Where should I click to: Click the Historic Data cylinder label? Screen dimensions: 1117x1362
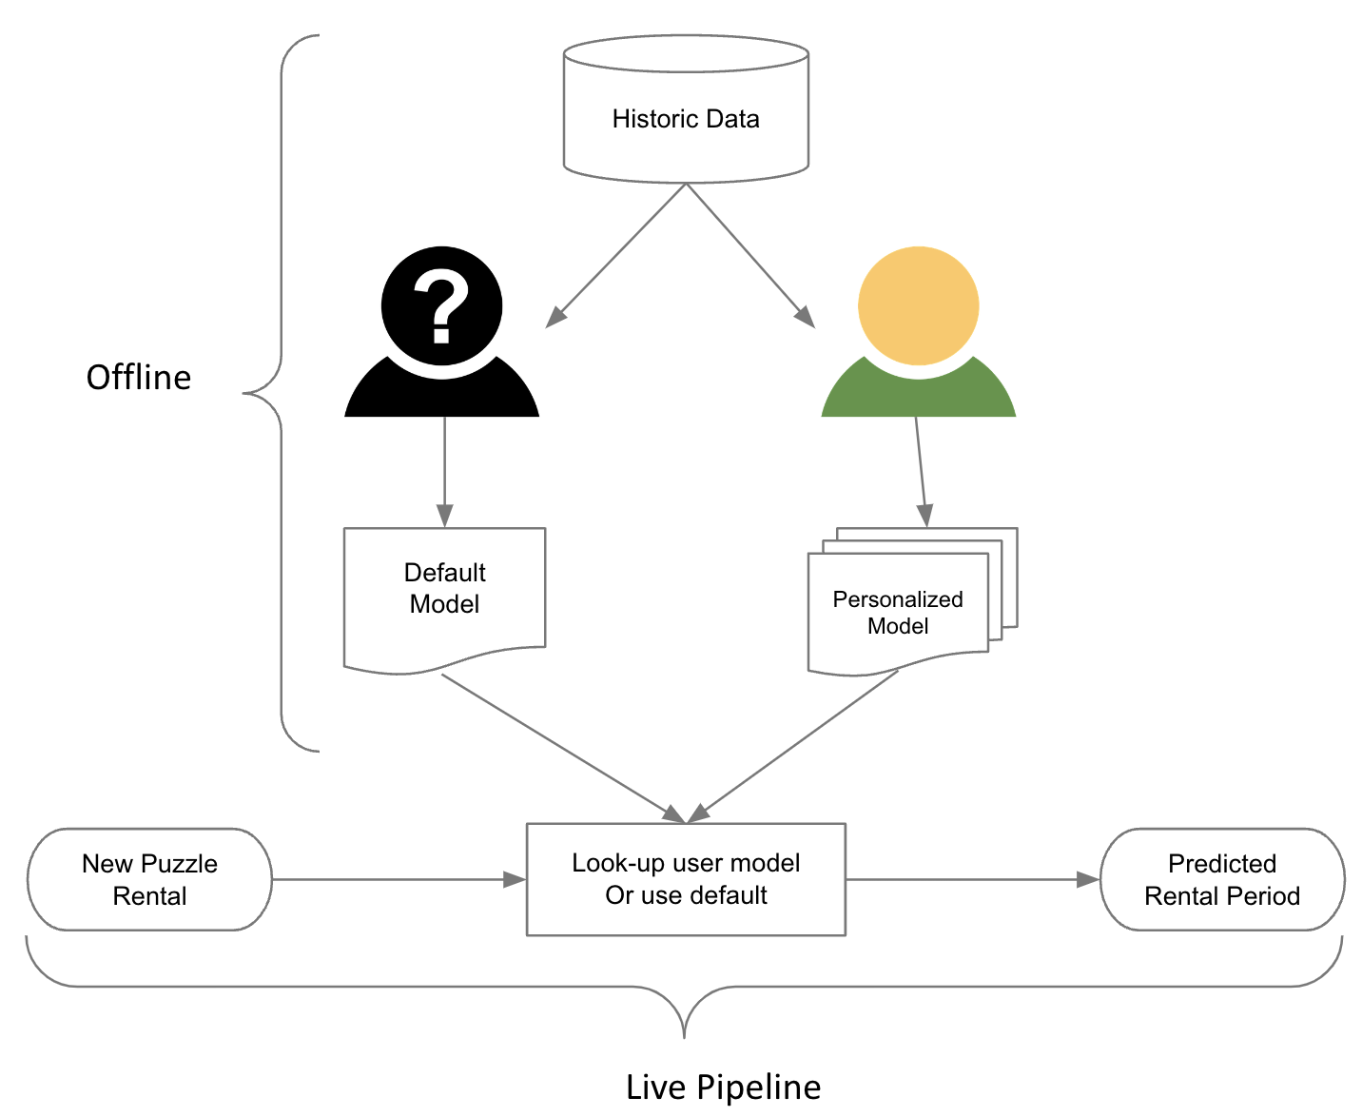tap(685, 119)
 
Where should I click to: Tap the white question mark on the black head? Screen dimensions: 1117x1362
tap(441, 304)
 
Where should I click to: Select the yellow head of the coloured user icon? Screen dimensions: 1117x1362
tap(918, 304)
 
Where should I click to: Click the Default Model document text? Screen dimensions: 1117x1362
tap(444, 588)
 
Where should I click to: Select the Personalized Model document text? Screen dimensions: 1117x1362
tap(897, 613)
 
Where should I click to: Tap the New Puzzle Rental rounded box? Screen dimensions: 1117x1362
tap(149, 879)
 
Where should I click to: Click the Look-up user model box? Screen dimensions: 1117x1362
tap(685, 879)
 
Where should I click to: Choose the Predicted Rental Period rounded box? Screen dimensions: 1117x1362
tap(1221, 879)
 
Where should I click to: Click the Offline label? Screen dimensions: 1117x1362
tap(139, 378)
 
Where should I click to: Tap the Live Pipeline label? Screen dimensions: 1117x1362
tap(723, 1087)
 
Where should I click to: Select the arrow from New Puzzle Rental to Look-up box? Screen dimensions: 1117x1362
tap(399, 879)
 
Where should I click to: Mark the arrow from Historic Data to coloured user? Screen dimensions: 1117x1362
tap(750, 256)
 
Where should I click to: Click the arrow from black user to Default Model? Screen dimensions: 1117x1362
tap(444, 471)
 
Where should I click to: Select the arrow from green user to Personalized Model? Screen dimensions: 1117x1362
tap(920, 471)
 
